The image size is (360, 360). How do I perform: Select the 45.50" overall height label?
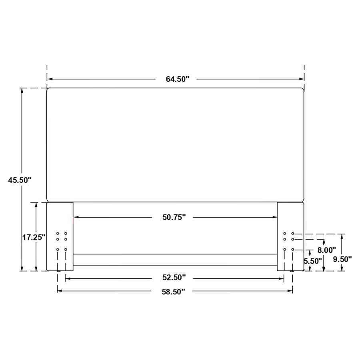[x=20, y=180]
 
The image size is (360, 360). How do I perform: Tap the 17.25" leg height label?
[x=34, y=237]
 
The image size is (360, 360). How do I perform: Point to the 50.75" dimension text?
[x=174, y=217]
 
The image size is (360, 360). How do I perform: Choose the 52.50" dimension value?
[x=174, y=278]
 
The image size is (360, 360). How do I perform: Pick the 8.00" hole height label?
[x=326, y=250]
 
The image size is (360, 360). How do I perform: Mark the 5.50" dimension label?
[x=313, y=261]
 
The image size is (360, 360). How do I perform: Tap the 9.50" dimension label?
[x=342, y=259]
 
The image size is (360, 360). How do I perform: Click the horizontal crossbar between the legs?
[x=175, y=260]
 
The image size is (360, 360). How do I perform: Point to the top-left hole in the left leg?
[x=58, y=233]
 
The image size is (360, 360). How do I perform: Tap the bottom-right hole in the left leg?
[x=66, y=250]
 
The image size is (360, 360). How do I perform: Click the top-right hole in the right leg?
[x=293, y=233]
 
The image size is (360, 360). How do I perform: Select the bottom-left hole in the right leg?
[x=285, y=250]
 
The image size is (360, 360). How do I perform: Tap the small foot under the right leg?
[x=292, y=272]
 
